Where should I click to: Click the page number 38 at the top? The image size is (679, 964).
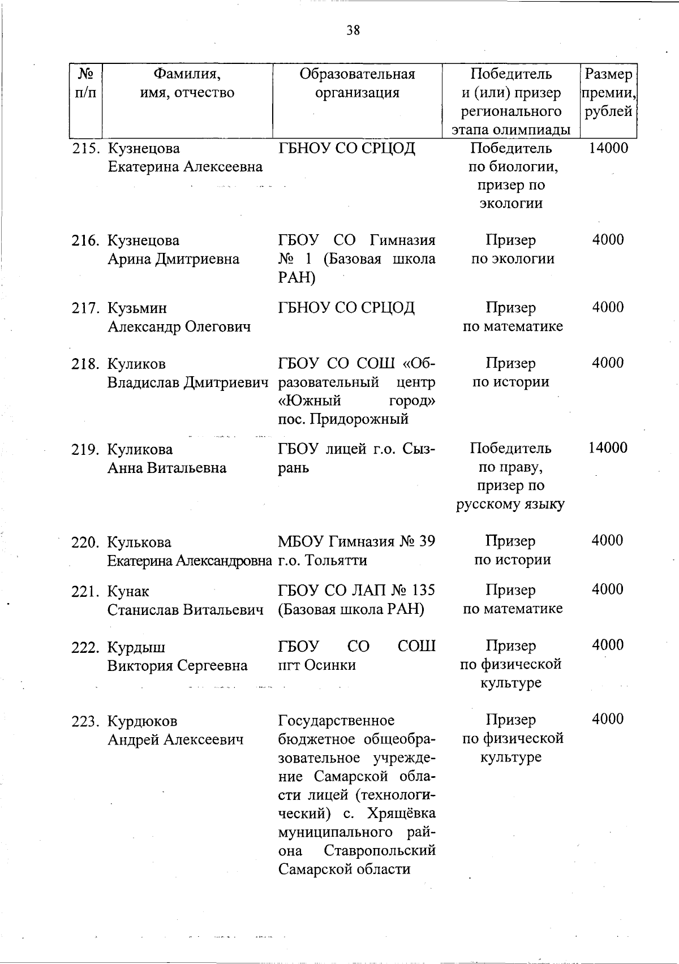point(353,30)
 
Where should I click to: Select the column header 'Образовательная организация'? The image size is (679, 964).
point(357,84)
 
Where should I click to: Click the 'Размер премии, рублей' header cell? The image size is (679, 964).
point(608,93)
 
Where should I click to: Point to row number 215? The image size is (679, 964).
point(85,149)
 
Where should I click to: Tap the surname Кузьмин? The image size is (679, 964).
point(137,308)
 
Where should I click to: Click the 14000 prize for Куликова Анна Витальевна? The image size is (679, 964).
point(608,448)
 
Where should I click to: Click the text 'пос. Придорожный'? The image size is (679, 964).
point(343,420)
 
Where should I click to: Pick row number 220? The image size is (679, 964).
point(85,543)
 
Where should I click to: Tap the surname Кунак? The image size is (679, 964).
point(128,592)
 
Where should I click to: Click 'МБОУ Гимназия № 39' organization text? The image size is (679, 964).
point(356,541)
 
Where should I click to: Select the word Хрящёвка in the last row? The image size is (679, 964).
point(402,814)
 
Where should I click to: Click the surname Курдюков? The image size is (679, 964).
point(143,721)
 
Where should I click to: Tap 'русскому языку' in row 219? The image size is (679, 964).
point(510,504)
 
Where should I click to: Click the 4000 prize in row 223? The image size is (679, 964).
point(608,719)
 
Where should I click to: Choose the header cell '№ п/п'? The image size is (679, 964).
point(85,84)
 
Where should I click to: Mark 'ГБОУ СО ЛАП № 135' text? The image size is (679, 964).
point(356,590)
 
